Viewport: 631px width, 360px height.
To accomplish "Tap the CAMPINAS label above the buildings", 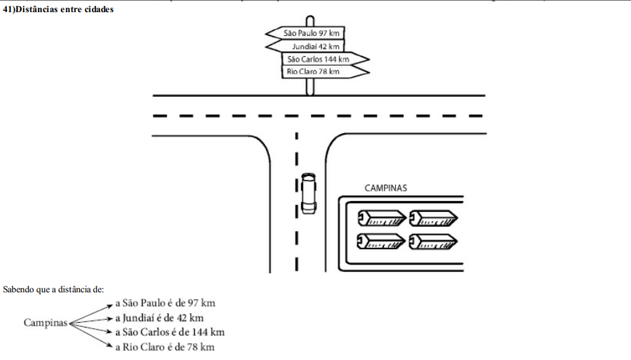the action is pos(386,187).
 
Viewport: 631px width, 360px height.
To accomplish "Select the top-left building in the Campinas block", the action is pos(381,217).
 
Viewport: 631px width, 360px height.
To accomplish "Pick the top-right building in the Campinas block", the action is pos(434,217).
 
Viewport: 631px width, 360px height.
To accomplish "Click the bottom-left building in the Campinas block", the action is pos(381,240).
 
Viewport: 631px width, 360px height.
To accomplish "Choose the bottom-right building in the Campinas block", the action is pos(434,240).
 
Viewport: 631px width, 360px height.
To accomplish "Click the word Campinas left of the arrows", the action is pos(45,323).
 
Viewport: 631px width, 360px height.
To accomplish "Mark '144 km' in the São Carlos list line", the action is pos(209,332).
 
